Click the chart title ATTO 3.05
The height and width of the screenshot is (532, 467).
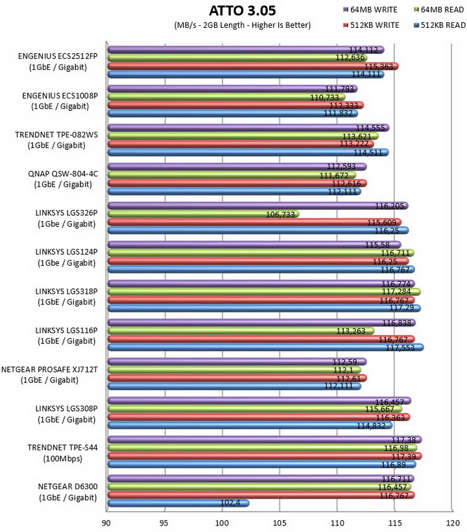pyautogui.click(x=242, y=10)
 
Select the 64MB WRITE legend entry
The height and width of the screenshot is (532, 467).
pyautogui.click(x=370, y=10)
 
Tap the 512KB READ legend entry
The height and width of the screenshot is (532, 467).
pyautogui.click(x=440, y=25)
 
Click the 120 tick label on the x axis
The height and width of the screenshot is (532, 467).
pyautogui.click(x=453, y=523)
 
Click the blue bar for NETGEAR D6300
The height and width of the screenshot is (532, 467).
pyautogui.click(x=178, y=503)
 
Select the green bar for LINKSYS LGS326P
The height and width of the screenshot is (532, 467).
pyautogui.click(x=204, y=214)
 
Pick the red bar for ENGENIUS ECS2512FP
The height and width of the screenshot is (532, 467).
pyautogui.click(x=253, y=66)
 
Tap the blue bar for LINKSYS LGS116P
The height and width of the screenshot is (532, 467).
pyautogui.click(x=265, y=347)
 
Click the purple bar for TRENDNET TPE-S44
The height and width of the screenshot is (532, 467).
pyautogui.click(x=265, y=440)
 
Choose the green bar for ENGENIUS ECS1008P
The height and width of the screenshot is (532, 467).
pyautogui.click(x=226, y=97)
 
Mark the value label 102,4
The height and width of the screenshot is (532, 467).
pyautogui.click(x=230, y=502)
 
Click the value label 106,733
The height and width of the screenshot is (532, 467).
pyautogui.click(x=280, y=214)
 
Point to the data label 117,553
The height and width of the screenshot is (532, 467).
pyautogui.click(x=400, y=348)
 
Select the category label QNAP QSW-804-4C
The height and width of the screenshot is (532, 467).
pyautogui.click(x=63, y=174)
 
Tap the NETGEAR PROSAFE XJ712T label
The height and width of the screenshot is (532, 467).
pyautogui.click(x=49, y=369)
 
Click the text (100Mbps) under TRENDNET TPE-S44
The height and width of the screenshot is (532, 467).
pyautogui.click(x=62, y=459)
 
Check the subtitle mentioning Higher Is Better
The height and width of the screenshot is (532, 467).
pyautogui.click(x=243, y=25)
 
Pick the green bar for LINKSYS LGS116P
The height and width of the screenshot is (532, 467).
pyautogui.click(x=241, y=331)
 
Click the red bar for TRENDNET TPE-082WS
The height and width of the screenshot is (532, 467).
pyautogui.click(x=241, y=145)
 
